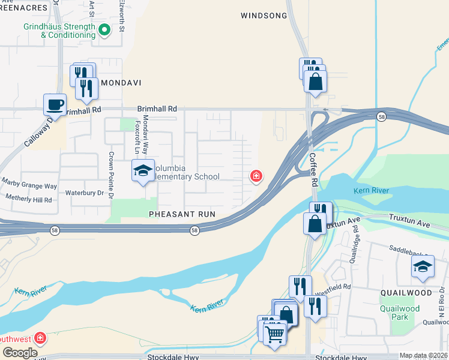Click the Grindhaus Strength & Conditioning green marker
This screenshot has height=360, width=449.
pos(104,29)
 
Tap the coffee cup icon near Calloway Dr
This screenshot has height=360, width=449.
pos(55,104)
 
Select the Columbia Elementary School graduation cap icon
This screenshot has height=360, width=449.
pos(143,171)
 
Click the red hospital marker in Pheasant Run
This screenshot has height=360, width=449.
pos(256,176)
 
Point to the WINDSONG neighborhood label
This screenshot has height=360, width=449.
pos(264,16)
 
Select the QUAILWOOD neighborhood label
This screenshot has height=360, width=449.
pos(406,293)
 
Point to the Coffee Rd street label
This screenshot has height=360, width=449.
pos(313,169)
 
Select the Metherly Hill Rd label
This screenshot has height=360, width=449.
pos(28,197)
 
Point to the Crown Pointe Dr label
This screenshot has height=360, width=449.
pos(111,173)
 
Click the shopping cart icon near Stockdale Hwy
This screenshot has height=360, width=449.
pos(274,334)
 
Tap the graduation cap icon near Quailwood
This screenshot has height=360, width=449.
pos(423,266)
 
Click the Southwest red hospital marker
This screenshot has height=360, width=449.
pos(40,338)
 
